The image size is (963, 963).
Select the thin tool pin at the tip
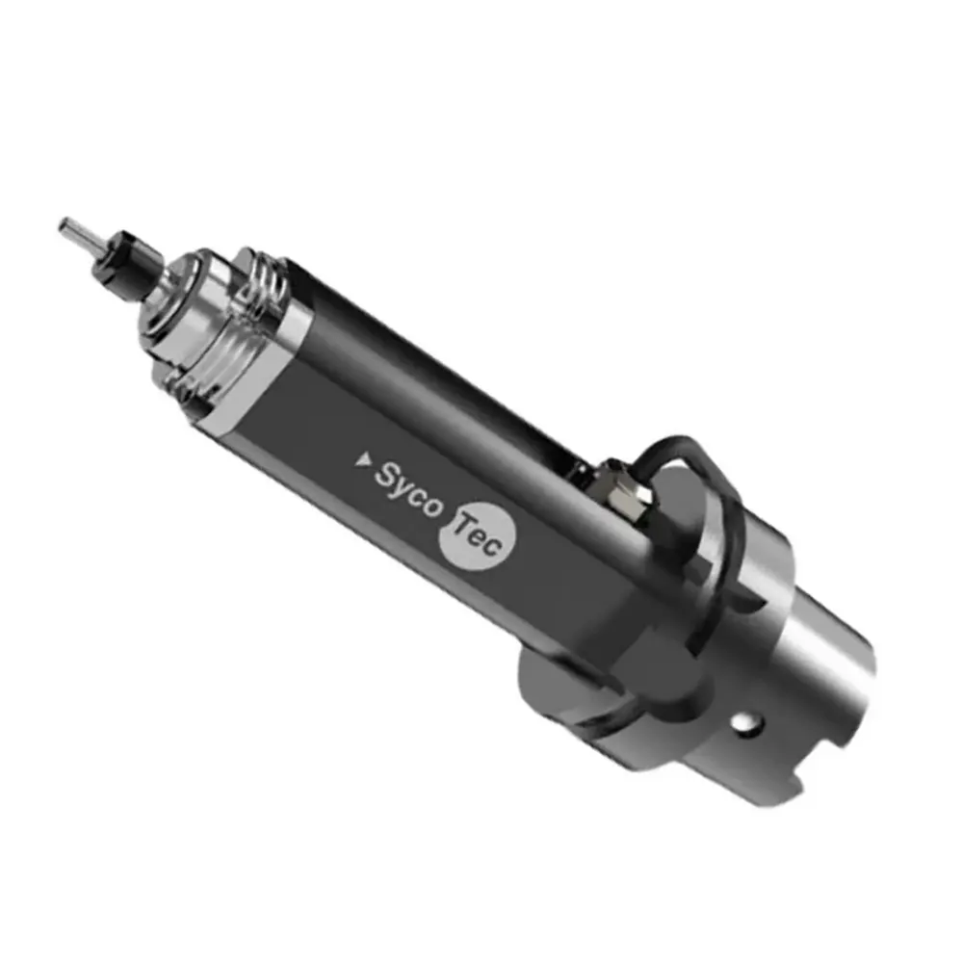tap(76, 232)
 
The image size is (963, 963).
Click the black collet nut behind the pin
tap(125, 260)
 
